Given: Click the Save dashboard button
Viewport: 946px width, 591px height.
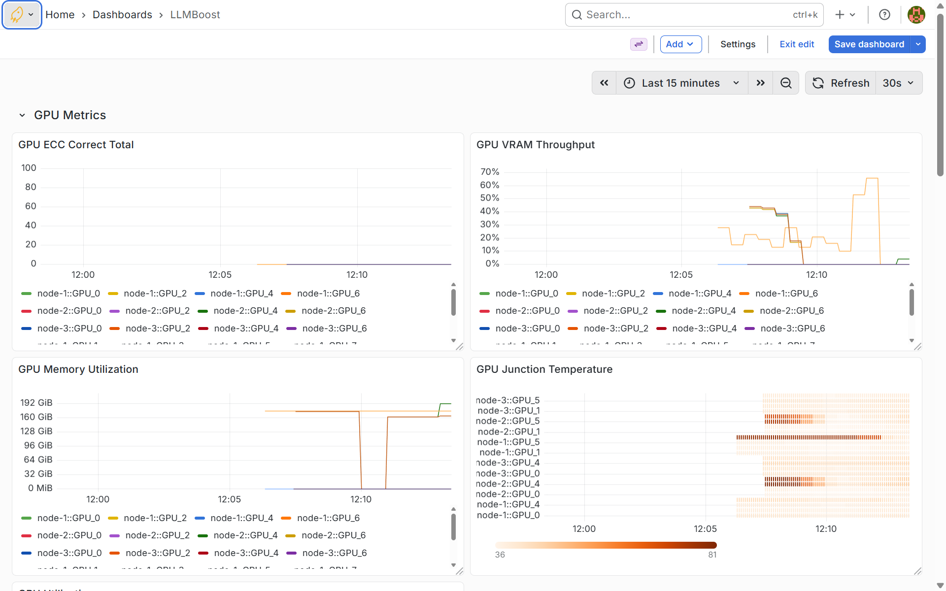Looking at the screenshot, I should pyautogui.click(x=869, y=44).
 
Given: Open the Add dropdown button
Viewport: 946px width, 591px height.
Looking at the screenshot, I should pyautogui.click(x=680, y=44).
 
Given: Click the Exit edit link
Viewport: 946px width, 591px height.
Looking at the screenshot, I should pyautogui.click(x=797, y=44).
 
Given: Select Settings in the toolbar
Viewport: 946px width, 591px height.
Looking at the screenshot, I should pyautogui.click(x=738, y=44).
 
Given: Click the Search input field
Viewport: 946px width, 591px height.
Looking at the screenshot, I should pyautogui.click(x=687, y=15).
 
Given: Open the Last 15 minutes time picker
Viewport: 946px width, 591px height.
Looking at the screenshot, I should pyautogui.click(x=681, y=83).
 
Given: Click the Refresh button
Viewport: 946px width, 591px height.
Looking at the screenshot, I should pyautogui.click(x=841, y=83).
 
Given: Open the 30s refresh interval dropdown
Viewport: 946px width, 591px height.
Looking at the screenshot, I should pyautogui.click(x=898, y=83).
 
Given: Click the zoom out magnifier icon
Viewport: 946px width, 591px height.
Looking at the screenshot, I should pyautogui.click(x=786, y=83).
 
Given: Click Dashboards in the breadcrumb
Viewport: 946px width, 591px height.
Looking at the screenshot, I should pyautogui.click(x=122, y=15).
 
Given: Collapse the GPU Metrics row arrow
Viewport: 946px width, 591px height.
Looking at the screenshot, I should pyautogui.click(x=22, y=115).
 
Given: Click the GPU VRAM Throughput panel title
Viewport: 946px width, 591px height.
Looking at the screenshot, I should pyautogui.click(x=536, y=145).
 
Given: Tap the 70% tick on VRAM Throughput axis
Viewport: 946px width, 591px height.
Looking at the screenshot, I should pyautogui.click(x=490, y=172).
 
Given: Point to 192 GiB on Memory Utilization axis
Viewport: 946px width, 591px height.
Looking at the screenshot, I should pyautogui.click(x=36, y=402).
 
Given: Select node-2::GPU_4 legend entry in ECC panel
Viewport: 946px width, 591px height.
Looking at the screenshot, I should pyautogui.click(x=245, y=311).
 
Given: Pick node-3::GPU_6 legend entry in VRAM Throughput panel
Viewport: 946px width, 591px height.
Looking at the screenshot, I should pyautogui.click(x=792, y=328).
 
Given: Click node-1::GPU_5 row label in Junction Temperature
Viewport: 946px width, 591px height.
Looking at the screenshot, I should pyautogui.click(x=508, y=442).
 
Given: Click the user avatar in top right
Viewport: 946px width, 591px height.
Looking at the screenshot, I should pyautogui.click(x=916, y=15).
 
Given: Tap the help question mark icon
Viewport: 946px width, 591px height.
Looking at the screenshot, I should pyautogui.click(x=884, y=15).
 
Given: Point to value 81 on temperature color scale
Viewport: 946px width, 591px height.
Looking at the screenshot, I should pyautogui.click(x=712, y=555).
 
